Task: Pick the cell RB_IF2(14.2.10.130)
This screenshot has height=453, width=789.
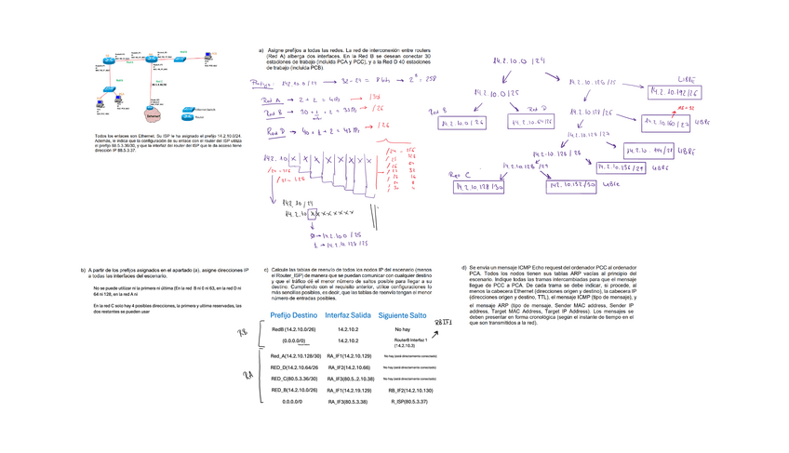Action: point(410,391)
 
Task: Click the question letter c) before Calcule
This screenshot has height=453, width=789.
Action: point(267,269)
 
